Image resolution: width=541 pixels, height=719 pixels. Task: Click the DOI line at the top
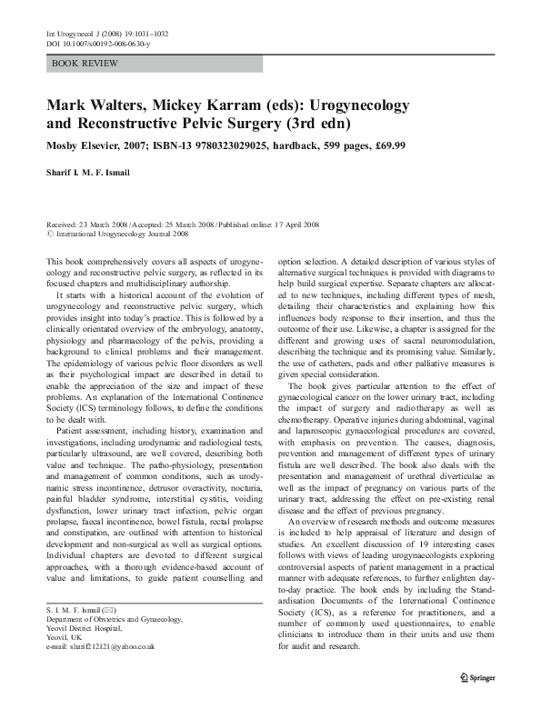pyautogui.click(x=90, y=44)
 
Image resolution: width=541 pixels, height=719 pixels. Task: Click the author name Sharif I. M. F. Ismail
pyautogui.click(x=102, y=175)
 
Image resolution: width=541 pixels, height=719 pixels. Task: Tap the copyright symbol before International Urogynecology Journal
pyautogui.click(x=48, y=233)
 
